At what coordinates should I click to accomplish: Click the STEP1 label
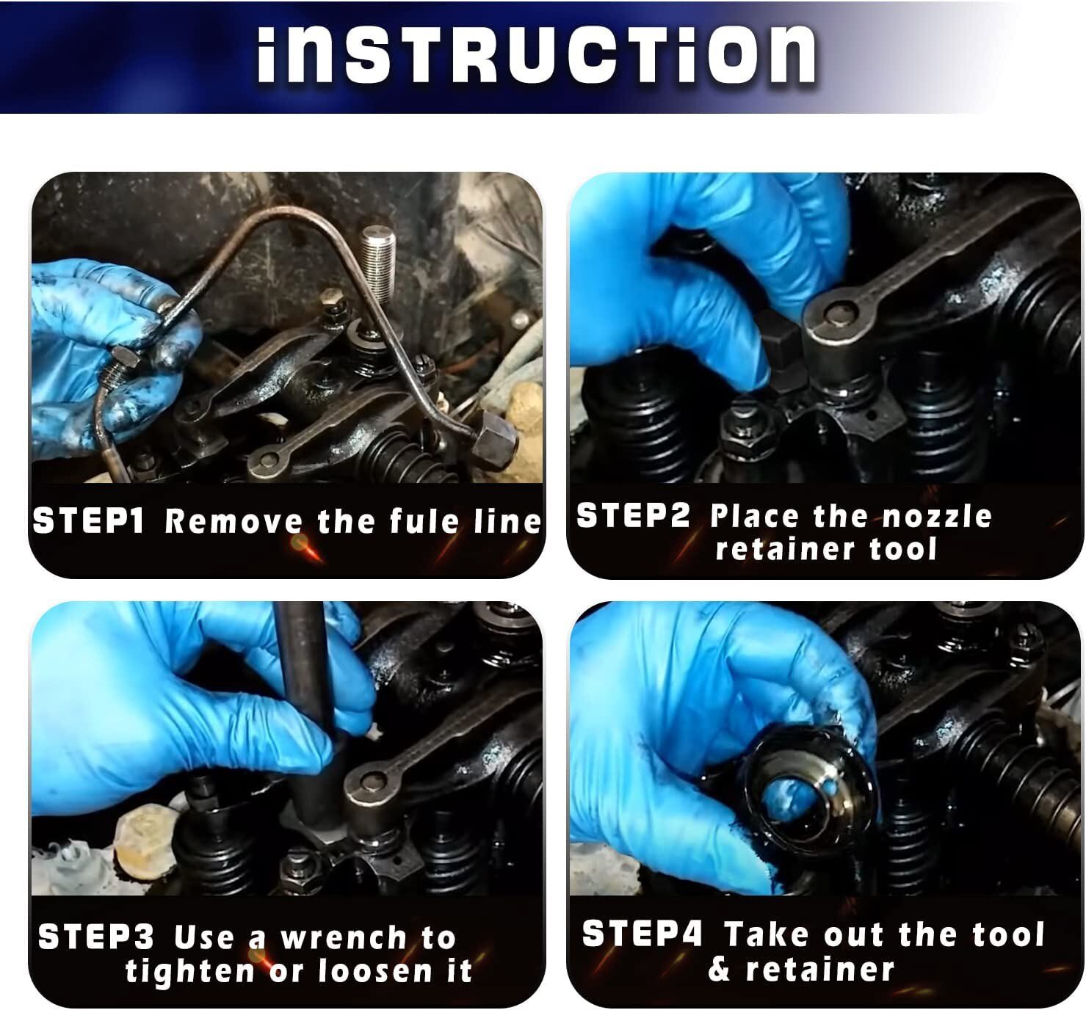[89, 521]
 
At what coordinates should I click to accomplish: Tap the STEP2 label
[633, 516]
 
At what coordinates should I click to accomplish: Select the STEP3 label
[96, 937]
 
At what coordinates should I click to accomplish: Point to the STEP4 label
[642, 934]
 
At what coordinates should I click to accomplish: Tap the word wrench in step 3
[344, 938]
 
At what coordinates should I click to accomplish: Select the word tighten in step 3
[189, 972]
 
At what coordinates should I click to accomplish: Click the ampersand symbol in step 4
[720, 970]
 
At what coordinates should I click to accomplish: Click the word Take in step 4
[767, 934]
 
